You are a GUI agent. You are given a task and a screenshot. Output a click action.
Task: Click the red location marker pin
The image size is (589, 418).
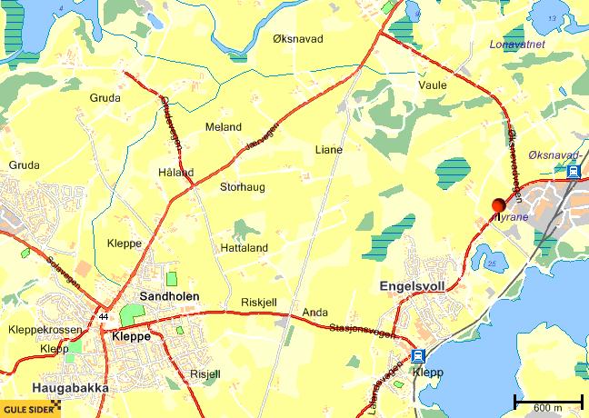tap(499, 204)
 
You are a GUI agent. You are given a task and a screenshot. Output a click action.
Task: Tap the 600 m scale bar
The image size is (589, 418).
tap(548, 400)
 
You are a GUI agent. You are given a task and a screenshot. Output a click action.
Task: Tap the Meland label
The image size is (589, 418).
tap(224, 127)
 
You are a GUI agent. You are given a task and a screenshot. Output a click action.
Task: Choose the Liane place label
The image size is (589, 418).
tap(328, 149)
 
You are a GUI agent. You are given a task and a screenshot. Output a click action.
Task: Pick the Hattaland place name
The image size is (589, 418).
tap(245, 247)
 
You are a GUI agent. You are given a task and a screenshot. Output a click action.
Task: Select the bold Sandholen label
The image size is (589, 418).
tap(170, 296)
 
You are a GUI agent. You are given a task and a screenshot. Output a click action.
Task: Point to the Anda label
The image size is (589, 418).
tap(314, 312)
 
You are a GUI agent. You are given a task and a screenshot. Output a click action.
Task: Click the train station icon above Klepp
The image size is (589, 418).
tap(417, 355)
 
